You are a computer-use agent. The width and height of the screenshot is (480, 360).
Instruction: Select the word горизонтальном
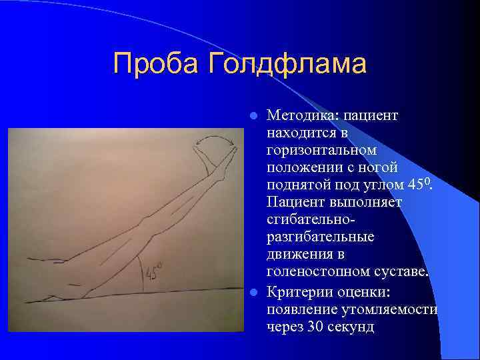(321, 151)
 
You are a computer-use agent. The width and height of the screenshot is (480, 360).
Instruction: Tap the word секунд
(351, 327)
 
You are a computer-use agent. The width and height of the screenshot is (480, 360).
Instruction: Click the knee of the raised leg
(150, 222)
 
